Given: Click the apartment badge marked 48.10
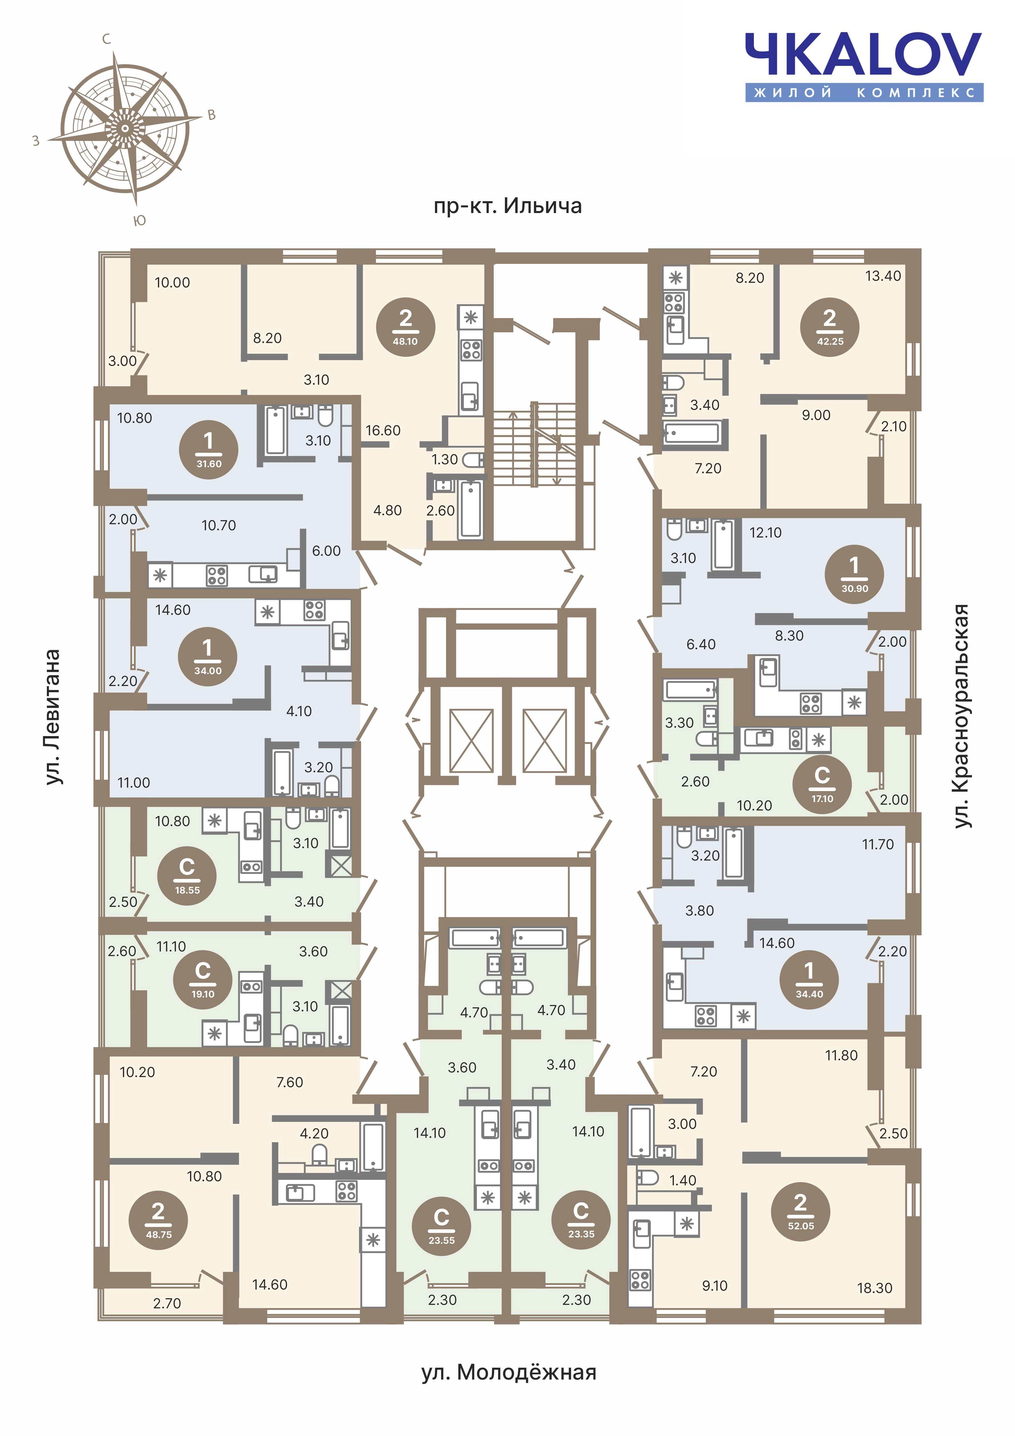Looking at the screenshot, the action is [x=406, y=327].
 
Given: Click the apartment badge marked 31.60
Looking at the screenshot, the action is [x=209, y=450].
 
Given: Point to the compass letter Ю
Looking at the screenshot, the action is [x=140, y=220].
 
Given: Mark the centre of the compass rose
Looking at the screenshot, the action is [x=125, y=129].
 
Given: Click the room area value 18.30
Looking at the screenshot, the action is [x=874, y=1288].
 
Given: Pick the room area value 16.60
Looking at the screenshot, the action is [x=383, y=430].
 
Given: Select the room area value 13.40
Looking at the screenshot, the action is [x=883, y=276].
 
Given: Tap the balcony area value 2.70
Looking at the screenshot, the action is [x=167, y=1303].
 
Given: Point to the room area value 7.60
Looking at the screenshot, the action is [x=289, y=1082].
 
